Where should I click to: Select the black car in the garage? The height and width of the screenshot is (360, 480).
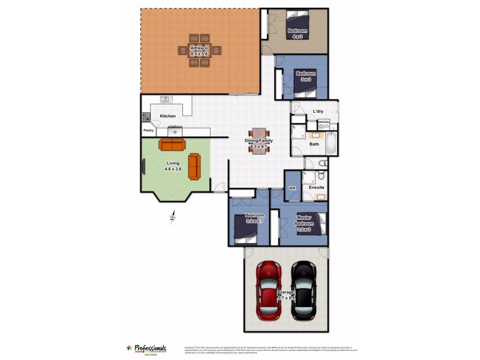[304, 292]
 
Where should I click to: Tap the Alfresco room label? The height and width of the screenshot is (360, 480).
[199, 50]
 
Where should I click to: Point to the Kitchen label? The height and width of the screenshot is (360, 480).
[167, 116]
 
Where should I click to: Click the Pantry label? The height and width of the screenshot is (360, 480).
[148, 130]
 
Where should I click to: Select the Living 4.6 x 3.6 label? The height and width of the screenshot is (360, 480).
[173, 166]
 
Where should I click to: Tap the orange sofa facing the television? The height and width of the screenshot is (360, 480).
[194, 166]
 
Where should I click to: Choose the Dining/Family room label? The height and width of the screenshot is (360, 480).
[259, 143]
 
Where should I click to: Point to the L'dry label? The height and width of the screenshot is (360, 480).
[318, 112]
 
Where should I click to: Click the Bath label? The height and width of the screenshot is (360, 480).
[314, 144]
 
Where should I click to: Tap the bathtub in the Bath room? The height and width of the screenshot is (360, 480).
[331, 144]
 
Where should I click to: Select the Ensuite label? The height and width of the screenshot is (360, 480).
[316, 187]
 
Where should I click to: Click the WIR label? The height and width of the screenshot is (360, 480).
[292, 188]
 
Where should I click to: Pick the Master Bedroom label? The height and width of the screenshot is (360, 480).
[305, 223]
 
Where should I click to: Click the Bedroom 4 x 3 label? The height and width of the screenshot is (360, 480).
[297, 34]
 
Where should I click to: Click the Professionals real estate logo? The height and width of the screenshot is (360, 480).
[146, 349]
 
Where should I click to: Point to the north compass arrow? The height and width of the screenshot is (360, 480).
[173, 216]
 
